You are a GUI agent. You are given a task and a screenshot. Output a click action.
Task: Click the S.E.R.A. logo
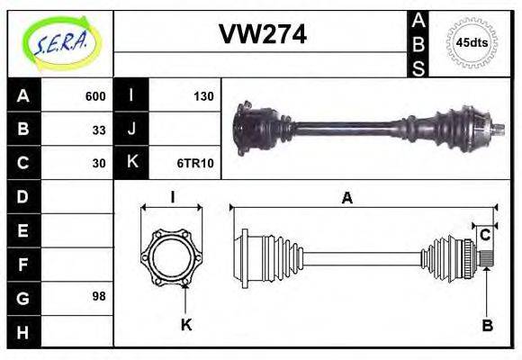tap(60, 43)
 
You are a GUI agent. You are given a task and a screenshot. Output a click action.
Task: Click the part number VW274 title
tap(263, 34)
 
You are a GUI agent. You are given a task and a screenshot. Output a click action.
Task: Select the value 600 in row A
tap(95, 96)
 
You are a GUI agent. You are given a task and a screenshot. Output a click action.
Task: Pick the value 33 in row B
tap(99, 130)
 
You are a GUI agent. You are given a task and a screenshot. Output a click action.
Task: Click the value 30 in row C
tap(99, 163)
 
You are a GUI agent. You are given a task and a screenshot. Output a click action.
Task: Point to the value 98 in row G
tap(99, 296)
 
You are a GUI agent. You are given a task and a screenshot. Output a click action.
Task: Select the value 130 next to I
tap(203, 96)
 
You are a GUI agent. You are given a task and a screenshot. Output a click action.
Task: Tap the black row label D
tap(23, 196)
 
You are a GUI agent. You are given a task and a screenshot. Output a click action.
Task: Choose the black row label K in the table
tap(131, 163)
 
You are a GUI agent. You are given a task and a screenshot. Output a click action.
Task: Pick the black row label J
tap(131, 130)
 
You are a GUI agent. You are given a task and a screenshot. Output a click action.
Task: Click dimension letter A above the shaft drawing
tap(347, 199)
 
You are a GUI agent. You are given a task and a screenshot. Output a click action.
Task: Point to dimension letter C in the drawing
tap(485, 235)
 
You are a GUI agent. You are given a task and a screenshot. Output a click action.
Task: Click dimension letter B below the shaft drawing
tap(487, 326)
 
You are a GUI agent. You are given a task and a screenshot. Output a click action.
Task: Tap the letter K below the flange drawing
tap(186, 325)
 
